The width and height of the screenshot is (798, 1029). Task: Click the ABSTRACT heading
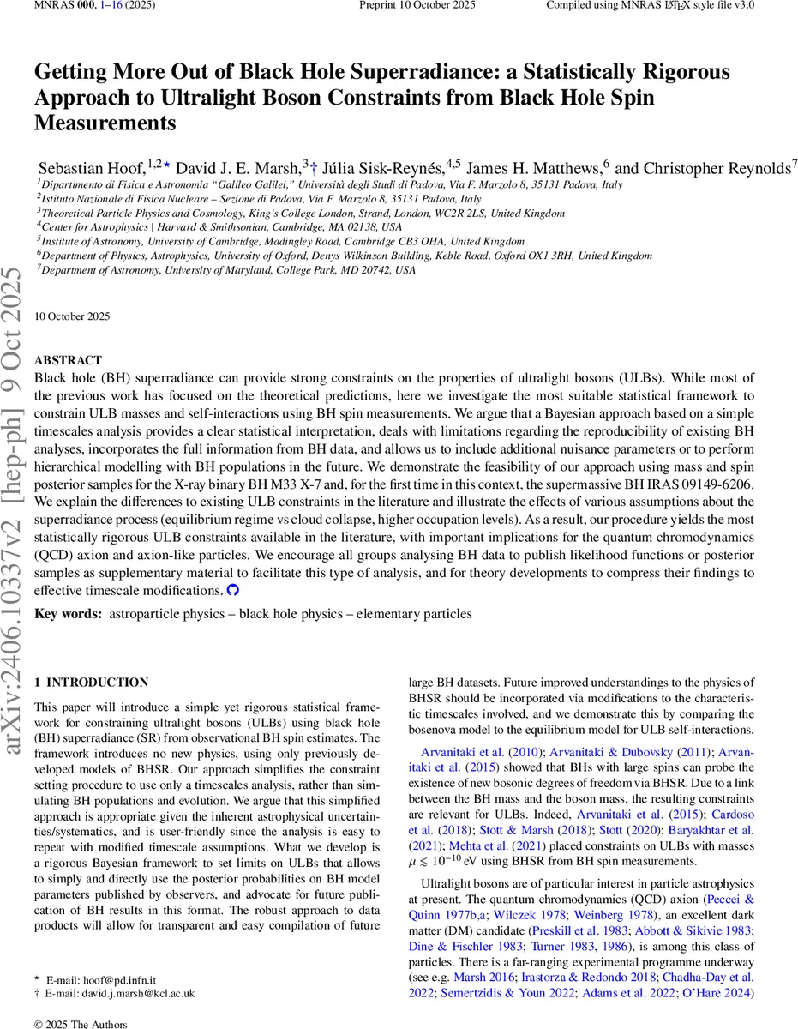click(x=68, y=361)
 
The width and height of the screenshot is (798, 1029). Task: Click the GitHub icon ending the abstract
click(x=232, y=591)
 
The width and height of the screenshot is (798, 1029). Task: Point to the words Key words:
click(x=68, y=614)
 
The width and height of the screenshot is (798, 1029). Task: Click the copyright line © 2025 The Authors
click(x=81, y=1024)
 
